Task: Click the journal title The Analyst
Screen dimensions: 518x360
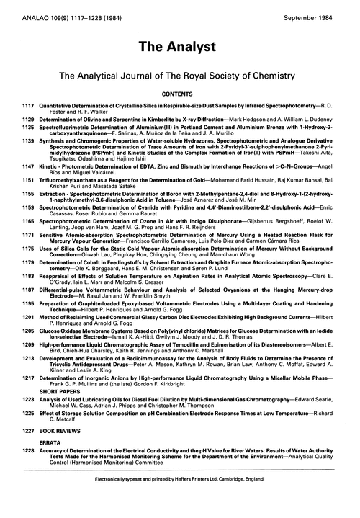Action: click(x=180, y=47)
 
